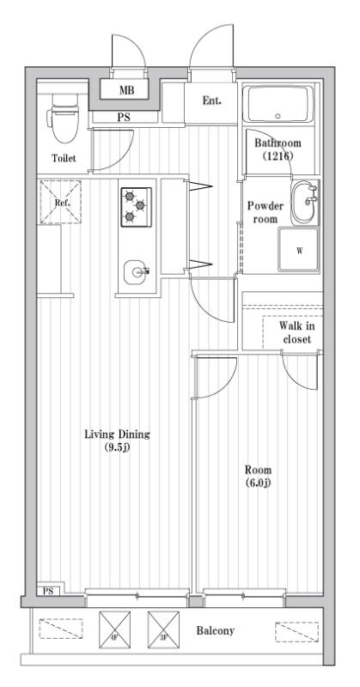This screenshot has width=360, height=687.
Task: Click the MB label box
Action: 125,88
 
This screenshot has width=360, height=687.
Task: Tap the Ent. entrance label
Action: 211,100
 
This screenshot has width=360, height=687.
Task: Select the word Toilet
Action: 64,159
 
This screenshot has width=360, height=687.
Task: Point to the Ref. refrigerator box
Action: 62,203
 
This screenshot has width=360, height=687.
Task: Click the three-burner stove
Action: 136,206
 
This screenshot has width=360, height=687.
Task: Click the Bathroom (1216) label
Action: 279,150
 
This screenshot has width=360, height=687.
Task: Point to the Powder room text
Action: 265,212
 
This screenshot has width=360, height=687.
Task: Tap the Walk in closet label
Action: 296,332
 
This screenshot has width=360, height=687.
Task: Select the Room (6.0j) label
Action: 258,476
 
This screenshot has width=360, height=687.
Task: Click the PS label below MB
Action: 124,118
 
